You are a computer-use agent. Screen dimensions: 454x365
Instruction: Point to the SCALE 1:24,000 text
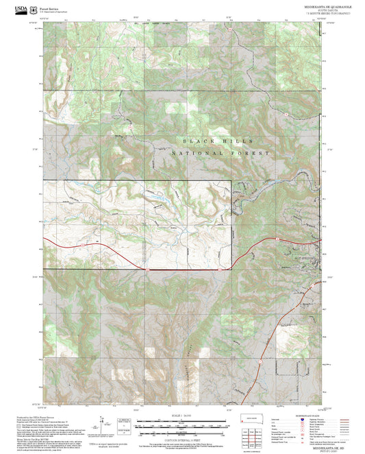click(x=181, y=417)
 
